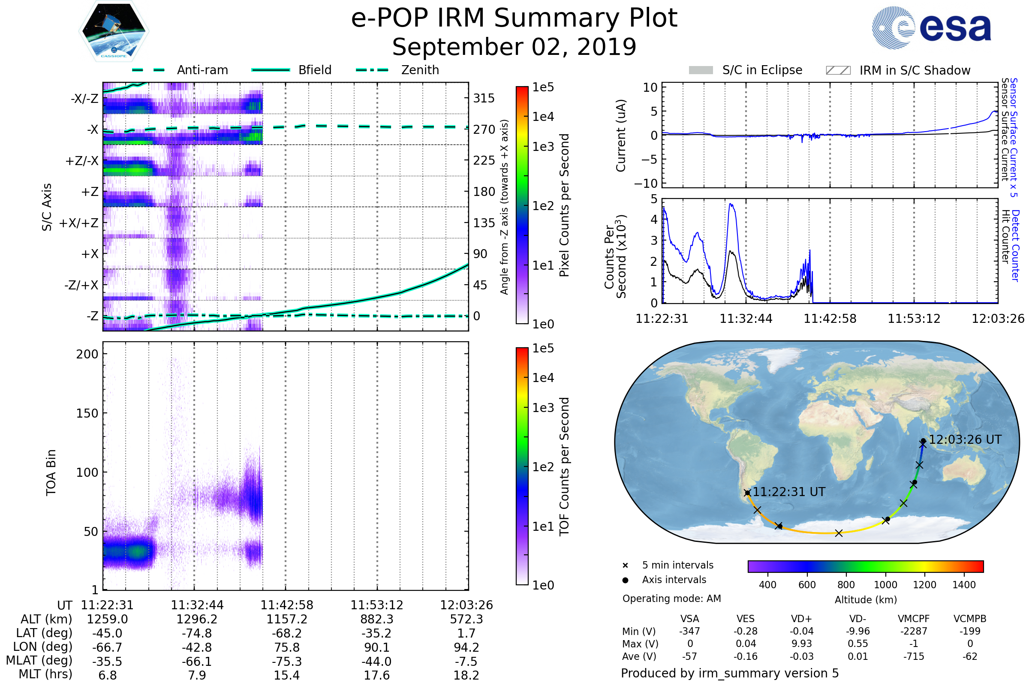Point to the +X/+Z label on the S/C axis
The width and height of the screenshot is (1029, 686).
(x=79, y=223)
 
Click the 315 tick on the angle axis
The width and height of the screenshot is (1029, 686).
(x=484, y=98)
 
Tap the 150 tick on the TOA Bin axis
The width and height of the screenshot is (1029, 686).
(x=87, y=413)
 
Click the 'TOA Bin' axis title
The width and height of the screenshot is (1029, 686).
(x=51, y=472)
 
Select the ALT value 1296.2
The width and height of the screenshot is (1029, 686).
(x=197, y=619)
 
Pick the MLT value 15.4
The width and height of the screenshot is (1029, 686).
(x=286, y=675)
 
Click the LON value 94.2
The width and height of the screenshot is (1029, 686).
(x=466, y=647)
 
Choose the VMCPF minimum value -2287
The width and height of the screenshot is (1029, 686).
(x=914, y=631)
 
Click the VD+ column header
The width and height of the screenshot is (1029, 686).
(x=801, y=619)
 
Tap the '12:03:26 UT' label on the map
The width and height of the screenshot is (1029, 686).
(x=965, y=440)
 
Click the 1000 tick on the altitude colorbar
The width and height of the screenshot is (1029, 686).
(x=885, y=585)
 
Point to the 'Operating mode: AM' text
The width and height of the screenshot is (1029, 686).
(x=671, y=599)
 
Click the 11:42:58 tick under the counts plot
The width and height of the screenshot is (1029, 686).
(x=830, y=319)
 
